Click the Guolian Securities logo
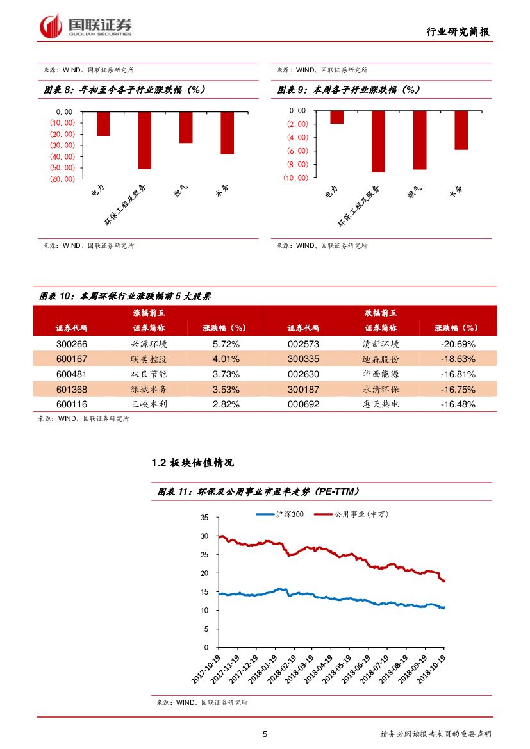click(x=86, y=26)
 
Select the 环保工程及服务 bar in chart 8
click(x=145, y=140)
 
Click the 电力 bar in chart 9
click(x=337, y=117)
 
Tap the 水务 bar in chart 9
click(x=461, y=130)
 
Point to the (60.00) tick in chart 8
click(x=62, y=179)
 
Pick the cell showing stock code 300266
click(x=71, y=343)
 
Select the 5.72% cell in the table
click(x=226, y=343)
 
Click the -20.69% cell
click(x=458, y=343)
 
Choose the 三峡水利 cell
click(x=149, y=404)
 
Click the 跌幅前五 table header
click(x=381, y=313)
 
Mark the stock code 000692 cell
click(x=303, y=404)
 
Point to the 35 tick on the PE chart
click(x=204, y=517)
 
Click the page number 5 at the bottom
click(x=265, y=734)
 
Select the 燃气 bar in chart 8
click(x=186, y=127)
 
